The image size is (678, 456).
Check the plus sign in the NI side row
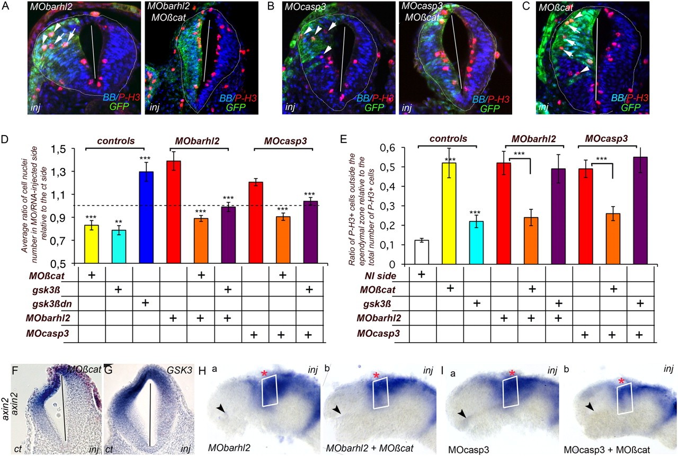coord(421,274)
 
